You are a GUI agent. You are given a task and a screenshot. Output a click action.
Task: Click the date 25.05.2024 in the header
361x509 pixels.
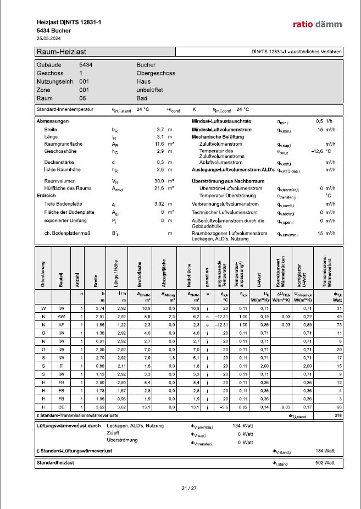pyautogui.click(x=49, y=38)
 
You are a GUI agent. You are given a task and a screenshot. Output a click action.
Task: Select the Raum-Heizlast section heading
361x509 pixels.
pyautogui.click(x=60, y=52)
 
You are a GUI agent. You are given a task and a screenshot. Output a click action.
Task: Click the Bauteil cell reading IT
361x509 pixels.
pyautogui.click(x=62, y=366)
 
